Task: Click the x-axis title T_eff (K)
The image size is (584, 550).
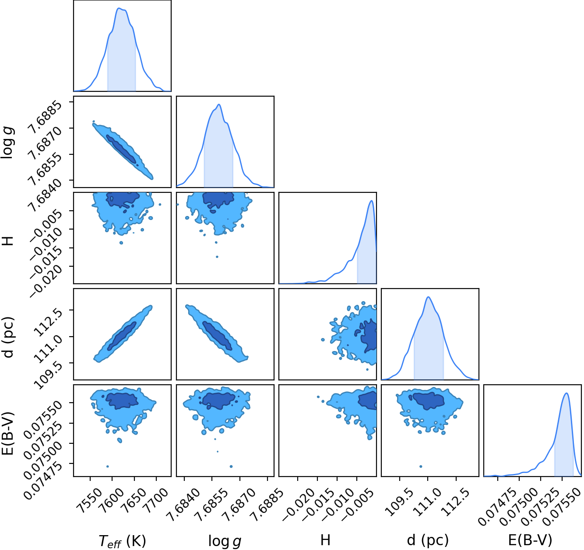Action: [x=122, y=540]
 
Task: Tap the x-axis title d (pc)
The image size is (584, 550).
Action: [x=428, y=540]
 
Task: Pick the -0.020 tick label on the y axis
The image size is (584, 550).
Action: [x=47, y=278]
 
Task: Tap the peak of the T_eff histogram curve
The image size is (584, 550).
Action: [x=120, y=8]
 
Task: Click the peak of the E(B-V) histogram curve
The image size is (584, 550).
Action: [x=566, y=393]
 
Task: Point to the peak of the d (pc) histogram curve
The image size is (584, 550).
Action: [x=428, y=297]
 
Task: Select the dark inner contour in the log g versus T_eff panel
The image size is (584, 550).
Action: [x=121, y=149]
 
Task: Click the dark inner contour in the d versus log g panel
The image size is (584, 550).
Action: [x=217, y=335]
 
